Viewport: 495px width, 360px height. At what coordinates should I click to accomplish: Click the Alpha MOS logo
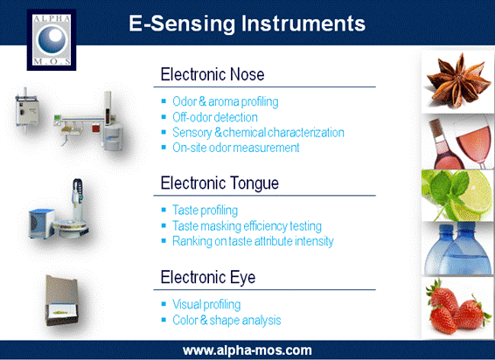click(52, 39)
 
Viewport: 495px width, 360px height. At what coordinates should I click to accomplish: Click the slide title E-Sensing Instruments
click(247, 24)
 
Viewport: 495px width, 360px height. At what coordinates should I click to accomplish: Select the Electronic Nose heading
click(213, 75)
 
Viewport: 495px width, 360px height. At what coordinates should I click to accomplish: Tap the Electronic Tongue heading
click(220, 183)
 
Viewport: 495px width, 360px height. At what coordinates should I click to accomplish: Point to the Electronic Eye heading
click(208, 277)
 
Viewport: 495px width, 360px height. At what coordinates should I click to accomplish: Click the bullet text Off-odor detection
click(215, 117)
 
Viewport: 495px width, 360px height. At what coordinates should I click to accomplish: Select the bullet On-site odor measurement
click(236, 148)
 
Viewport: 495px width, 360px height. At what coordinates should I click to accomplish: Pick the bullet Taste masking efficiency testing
click(247, 226)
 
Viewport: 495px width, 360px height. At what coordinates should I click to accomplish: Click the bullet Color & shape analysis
click(227, 321)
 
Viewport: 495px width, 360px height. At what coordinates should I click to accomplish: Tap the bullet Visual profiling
click(206, 305)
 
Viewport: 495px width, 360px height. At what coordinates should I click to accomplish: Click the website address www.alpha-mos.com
click(247, 350)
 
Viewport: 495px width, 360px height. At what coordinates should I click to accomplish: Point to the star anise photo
click(457, 80)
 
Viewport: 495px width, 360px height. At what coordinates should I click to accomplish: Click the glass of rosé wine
click(473, 142)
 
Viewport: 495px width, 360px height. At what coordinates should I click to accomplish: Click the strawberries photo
click(457, 308)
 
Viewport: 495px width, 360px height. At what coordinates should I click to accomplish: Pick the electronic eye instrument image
click(62, 301)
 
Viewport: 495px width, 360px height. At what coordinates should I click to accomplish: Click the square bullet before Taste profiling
click(164, 210)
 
